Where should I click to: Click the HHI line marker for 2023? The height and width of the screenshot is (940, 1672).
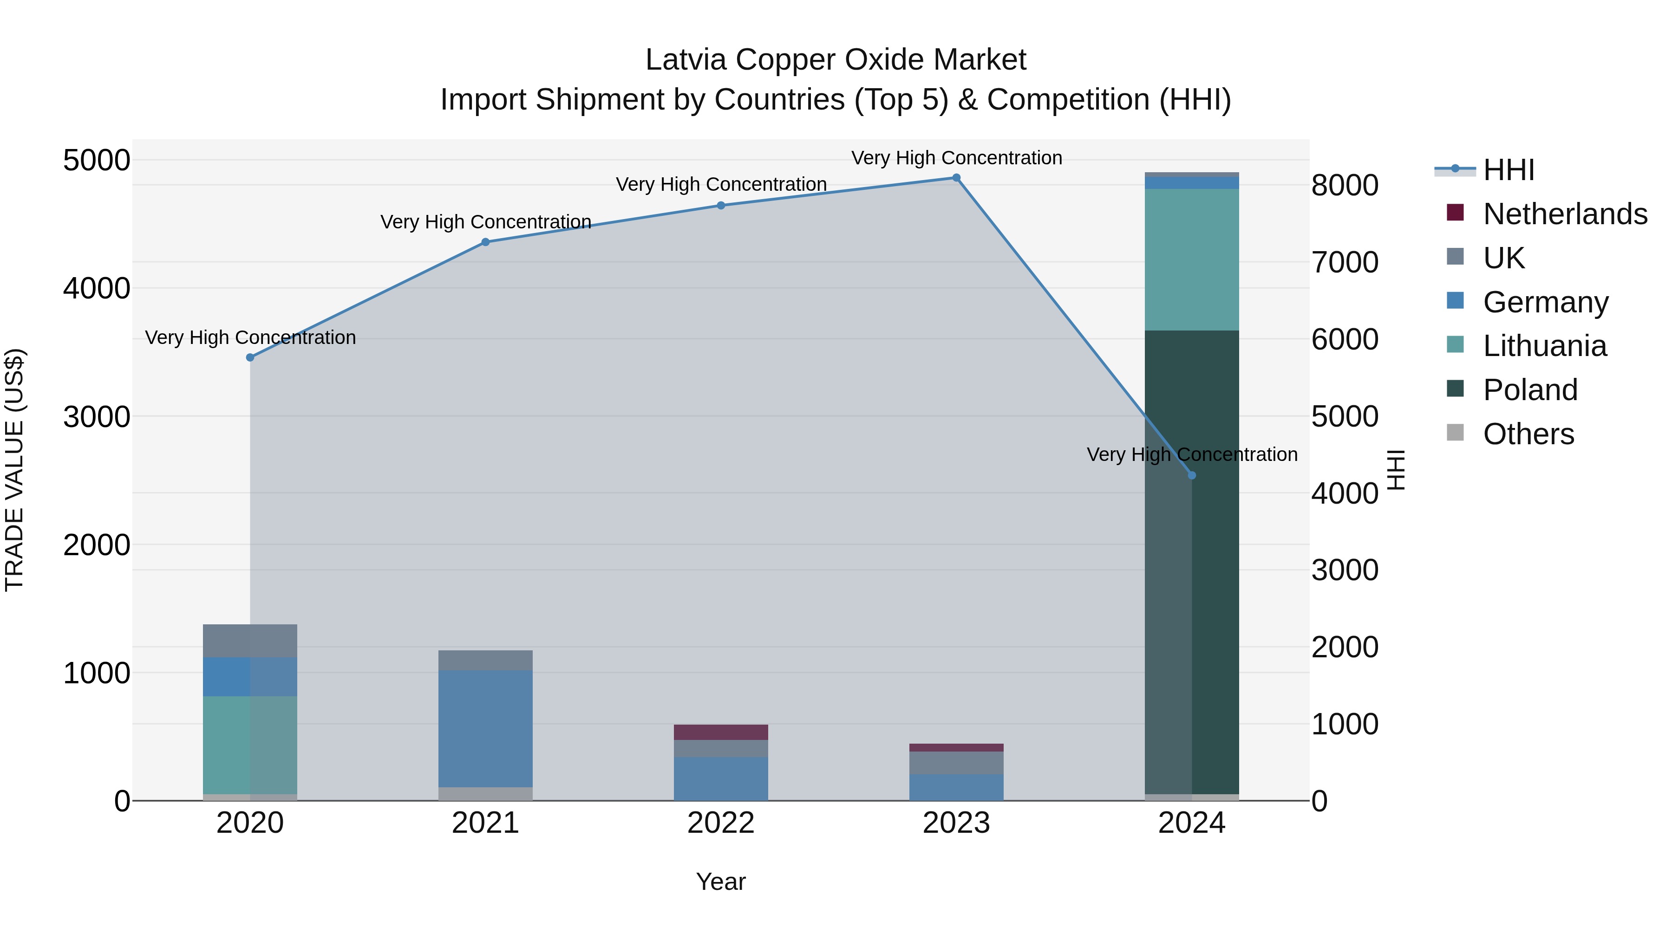pyautogui.click(x=956, y=178)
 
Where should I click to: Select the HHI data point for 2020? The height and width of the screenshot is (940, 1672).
pyautogui.click(x=250, y=357)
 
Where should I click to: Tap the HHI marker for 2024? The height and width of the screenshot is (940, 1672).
pyautogui.click(x=1192, y=475)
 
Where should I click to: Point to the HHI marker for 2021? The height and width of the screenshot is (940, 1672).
pyautogui.click(x=485, y=242)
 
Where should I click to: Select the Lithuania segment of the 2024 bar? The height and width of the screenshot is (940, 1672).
pyautogui.click(x=1192, y=259)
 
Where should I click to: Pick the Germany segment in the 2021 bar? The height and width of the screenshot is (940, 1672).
pyautogui.click(x=485, y=728)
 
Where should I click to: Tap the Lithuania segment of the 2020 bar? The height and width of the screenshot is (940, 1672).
pyautogui.click(x=250, y=745)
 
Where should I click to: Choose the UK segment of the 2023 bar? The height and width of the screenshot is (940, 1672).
pyautogui.click(x=956, y=763)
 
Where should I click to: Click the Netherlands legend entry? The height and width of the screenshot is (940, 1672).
pyautogui.click(x=1565, y=214)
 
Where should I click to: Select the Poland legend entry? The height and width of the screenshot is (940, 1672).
pyautogui.click(x=1530, y=390)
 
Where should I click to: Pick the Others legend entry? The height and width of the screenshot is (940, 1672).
pyautogui.click(x=1528, y=434)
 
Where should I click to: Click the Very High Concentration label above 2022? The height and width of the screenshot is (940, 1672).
pyautogui.click(x=721, y=184)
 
